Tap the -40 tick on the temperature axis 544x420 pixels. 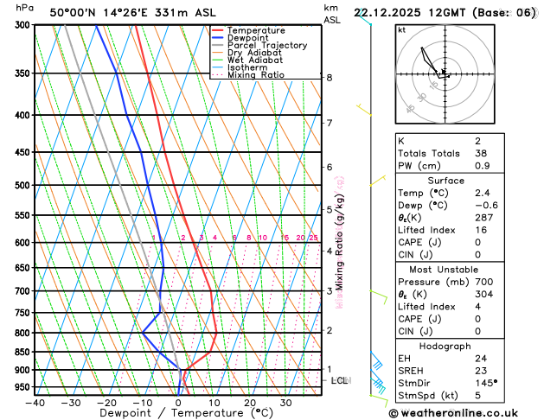coord(35,402)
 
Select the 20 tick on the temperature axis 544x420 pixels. coord(249,402)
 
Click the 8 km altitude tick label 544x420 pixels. coord(329,78)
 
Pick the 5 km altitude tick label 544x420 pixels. coord(329,209)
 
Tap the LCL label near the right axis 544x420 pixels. coord(340,380)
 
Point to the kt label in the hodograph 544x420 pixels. coord(401,29)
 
